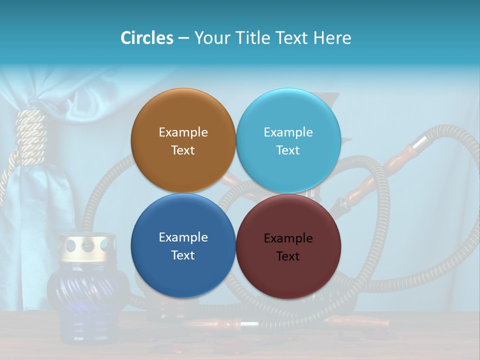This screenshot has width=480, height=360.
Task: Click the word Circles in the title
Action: click(x=147, y=38)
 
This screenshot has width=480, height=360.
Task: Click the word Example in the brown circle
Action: click(x=183, y=132)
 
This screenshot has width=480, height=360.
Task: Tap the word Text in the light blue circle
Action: click(x=288, y=150)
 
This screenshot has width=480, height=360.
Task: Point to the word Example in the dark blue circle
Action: click(x=183, y=237)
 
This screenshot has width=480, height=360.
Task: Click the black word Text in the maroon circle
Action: click(x=288, y=256)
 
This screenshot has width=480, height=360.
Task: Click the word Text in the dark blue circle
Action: click(x=183, y=255)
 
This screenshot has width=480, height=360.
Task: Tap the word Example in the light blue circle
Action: click(x=288, y=132)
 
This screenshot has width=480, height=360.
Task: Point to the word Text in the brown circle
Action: click(x=183, y=150)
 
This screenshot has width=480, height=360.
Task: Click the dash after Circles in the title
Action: click(x=183, y=38)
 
